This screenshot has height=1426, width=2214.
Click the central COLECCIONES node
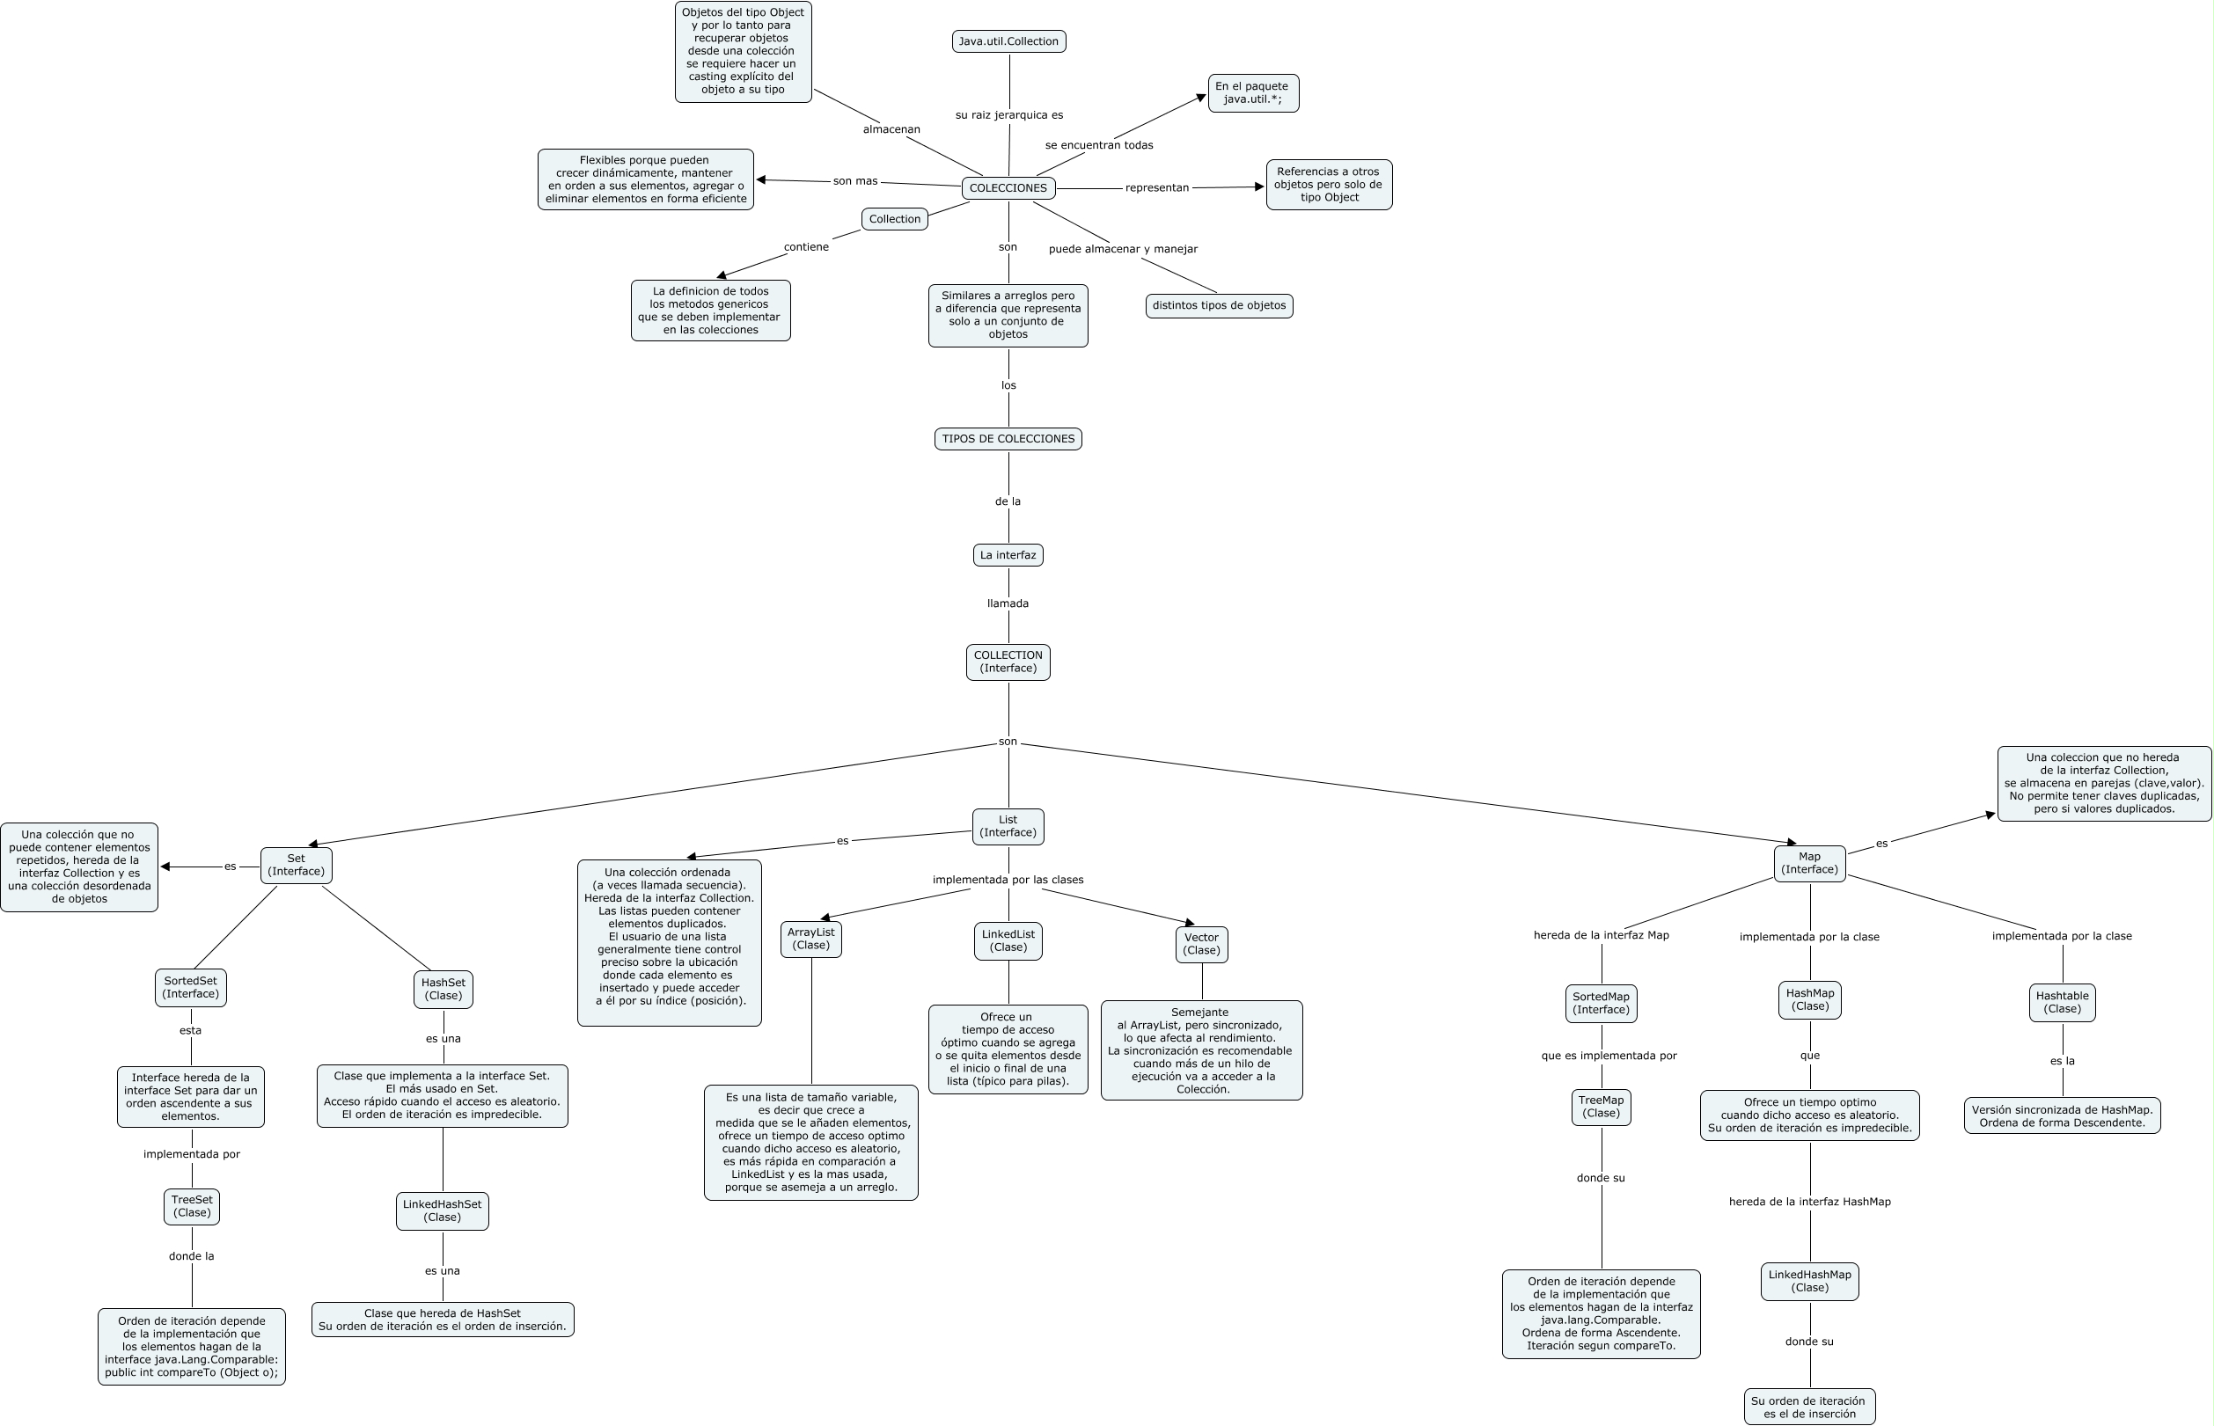point(1008,188)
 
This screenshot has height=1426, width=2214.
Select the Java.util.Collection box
point(1008,41)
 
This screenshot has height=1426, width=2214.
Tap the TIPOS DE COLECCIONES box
point(1008,439)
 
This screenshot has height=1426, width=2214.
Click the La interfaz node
point(1008,556)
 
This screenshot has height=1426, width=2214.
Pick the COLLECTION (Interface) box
point(1008,662)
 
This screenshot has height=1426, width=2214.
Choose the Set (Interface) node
point(296,865)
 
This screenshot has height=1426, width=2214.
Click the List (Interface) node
point(1008,826)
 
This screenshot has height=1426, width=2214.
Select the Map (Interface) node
point(1808,863)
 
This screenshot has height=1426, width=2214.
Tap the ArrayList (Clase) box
point(810,939)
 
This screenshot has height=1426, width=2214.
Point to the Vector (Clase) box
point(1201,945)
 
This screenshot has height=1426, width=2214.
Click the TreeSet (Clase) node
point(192,1207)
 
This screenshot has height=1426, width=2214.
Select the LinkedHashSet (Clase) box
point(442,1211)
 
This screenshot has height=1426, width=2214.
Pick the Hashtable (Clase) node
point(2061,1003)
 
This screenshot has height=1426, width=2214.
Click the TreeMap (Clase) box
point(1600,1108)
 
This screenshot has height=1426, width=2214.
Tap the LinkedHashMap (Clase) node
point(1808,1282)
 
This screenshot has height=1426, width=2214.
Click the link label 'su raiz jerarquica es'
point(1008,116)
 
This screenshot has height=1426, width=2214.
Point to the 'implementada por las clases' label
point(1008,880)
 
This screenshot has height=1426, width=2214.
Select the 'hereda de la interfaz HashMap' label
point(1808,1202)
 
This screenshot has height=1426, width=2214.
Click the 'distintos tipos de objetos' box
point(1219,305)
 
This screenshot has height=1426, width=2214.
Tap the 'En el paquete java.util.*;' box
point(1252,93)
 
